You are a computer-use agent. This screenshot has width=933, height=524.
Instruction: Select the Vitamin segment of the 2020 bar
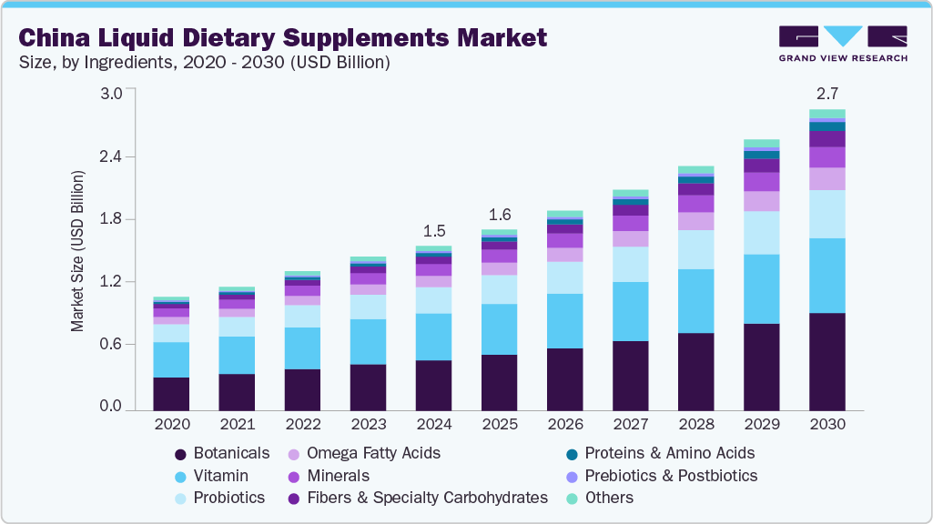[x=171, y=359]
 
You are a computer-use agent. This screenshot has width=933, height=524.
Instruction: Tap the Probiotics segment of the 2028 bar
[x=695, y=249]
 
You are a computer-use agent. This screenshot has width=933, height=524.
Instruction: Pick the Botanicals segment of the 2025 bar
[x=499, y=382]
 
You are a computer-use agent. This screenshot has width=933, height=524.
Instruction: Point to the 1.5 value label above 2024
[x=433, y=230]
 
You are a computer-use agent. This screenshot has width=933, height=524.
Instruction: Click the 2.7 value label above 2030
[x=827, y=94]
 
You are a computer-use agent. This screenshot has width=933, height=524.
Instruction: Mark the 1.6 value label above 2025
[x=499, y=215]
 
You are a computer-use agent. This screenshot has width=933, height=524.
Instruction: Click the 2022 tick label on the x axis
[x=302, y=425]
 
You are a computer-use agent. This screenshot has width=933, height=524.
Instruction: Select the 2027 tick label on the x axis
[x=630, y=425]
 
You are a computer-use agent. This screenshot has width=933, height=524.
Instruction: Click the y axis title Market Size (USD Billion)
[x=78, y=249]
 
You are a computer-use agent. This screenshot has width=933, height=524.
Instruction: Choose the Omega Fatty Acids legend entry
[x=373, y=453]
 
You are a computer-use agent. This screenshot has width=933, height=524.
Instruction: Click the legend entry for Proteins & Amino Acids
[x=669, y=453]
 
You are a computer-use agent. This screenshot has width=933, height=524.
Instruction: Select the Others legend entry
[x=609, y=498]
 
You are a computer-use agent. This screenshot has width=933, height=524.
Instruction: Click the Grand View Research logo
[x=843, y=43]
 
